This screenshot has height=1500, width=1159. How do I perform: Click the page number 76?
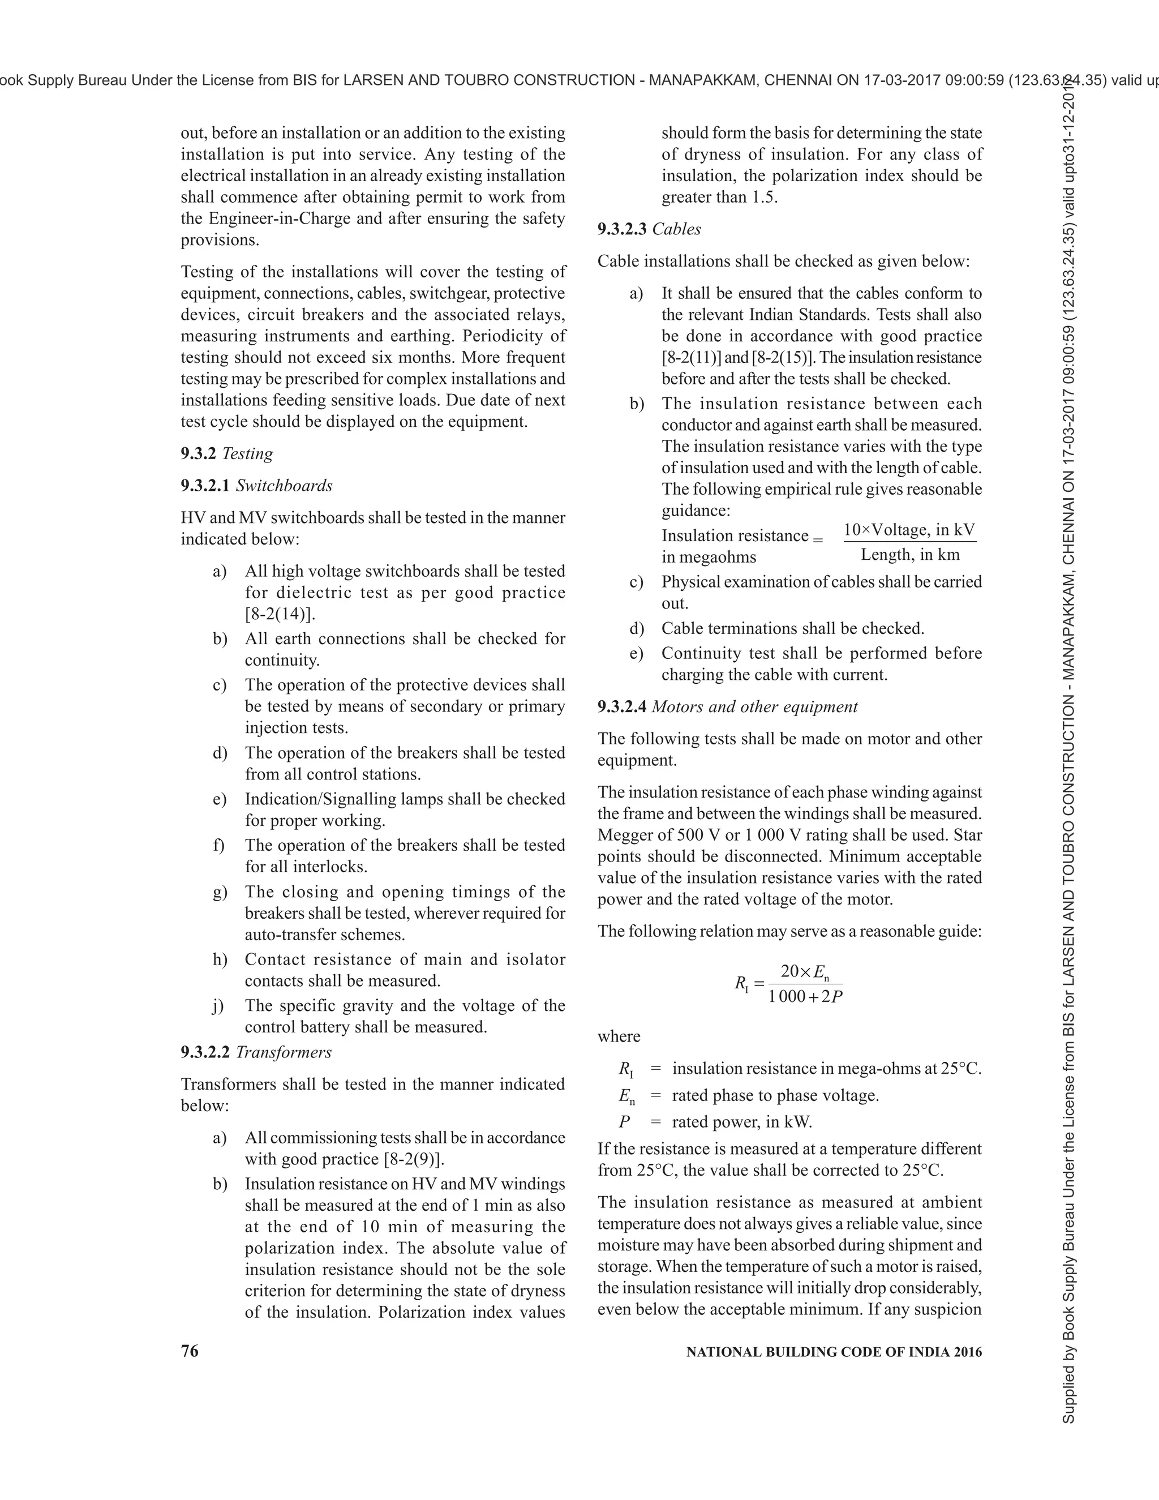coord(190,1351)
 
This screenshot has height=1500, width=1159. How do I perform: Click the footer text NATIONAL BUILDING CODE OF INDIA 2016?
coord(834,1352)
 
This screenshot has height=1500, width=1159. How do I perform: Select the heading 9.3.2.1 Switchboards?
coord(257,486)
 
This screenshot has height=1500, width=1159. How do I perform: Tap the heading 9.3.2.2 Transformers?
coord(256,1052)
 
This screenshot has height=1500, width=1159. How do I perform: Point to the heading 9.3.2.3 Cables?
coord(649,229)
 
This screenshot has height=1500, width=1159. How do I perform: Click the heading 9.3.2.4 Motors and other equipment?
coord(728,707)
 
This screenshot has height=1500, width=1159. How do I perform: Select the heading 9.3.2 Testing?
coord(226,453)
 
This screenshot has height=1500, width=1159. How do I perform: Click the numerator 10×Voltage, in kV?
coord(909,530)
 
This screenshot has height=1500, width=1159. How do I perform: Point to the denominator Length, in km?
coord(911,555)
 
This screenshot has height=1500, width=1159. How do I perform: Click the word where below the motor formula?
coord(619,1036)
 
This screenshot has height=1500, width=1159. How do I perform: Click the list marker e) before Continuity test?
coord(637,653)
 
